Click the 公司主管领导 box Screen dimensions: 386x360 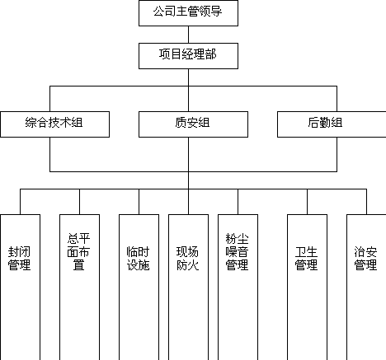coord(188,13)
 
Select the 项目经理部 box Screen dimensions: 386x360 coord(188,56)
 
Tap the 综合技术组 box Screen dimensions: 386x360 coord(54,124)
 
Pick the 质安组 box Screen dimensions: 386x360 coord(193,124)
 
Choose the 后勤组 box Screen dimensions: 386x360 coord(332,124)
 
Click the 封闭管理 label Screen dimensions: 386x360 coord(19,259)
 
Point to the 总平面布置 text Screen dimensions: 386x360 coord(78,252)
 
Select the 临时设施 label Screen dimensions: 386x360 coord(138,259)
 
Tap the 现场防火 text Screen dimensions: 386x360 coord(187,259)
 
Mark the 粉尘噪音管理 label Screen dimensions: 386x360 coord(237,252)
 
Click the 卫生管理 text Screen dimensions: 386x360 coord(306,259)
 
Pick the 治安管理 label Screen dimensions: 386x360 coord(365,259)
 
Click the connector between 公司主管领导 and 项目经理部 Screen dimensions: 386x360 coord(188,35)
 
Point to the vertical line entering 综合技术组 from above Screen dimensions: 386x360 coord(49,99)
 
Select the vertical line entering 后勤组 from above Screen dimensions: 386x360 coord(337,99)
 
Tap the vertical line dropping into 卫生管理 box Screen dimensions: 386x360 coord(307,202)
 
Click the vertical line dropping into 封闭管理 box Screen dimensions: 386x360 coord(20,202)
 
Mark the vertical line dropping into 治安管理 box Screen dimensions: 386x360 coord(366,202)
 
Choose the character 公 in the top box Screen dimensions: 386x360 coord(159,12)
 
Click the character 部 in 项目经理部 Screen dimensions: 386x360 coord(210,54)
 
